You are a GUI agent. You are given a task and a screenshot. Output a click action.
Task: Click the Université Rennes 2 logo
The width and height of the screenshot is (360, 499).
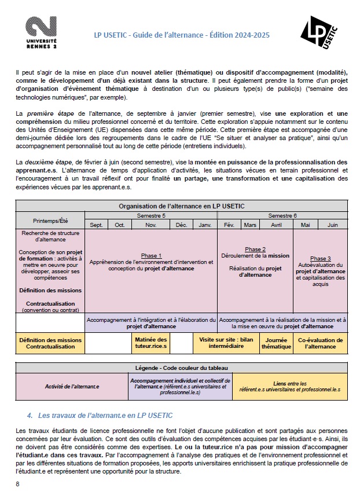41,34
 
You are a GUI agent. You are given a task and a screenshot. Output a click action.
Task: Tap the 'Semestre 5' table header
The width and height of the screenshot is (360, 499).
151,215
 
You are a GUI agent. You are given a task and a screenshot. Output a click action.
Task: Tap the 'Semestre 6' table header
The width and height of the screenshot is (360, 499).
283,215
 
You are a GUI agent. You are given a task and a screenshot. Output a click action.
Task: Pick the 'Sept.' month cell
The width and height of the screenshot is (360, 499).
97,225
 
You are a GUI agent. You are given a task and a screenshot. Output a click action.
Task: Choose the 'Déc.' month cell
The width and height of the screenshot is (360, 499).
181,225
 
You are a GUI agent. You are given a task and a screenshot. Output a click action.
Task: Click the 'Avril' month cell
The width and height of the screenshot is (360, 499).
277,225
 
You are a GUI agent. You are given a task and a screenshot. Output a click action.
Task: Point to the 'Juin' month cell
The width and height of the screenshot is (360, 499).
333,225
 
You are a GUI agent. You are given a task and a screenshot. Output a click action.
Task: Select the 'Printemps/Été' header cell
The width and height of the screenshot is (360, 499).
50,220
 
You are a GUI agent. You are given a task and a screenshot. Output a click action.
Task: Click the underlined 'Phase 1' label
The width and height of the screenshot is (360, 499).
151,255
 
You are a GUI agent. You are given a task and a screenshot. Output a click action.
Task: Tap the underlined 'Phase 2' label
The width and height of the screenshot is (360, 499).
255,249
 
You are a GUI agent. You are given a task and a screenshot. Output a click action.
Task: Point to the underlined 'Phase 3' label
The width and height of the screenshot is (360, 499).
320,259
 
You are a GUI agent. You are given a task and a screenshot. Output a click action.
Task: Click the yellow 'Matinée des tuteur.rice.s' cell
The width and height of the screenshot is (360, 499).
150,343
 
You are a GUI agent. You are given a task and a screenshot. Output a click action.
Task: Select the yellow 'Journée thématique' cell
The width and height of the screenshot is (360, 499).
276,343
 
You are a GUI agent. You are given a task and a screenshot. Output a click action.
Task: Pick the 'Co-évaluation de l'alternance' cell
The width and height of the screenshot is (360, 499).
320,343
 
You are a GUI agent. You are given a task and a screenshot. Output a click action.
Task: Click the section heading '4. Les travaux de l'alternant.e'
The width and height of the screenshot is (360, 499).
100,416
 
